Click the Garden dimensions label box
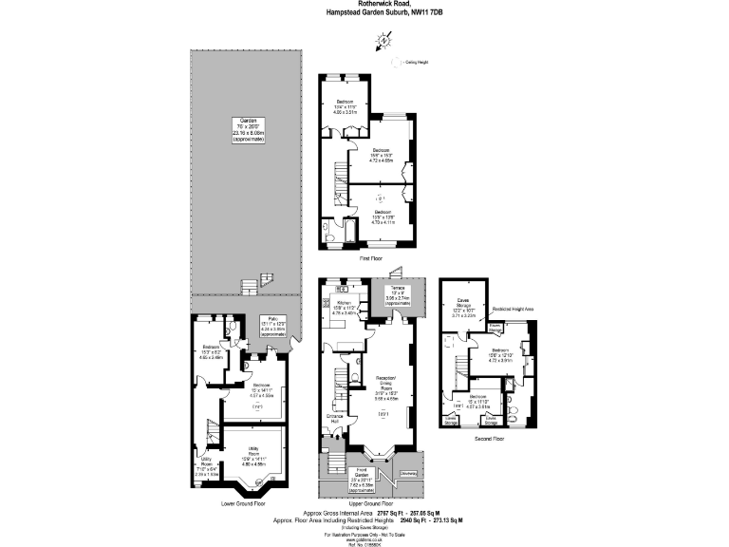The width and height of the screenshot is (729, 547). [249, 129]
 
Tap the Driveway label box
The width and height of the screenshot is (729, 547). [409, 472]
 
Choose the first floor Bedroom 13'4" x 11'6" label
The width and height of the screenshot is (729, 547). [343, 105]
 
